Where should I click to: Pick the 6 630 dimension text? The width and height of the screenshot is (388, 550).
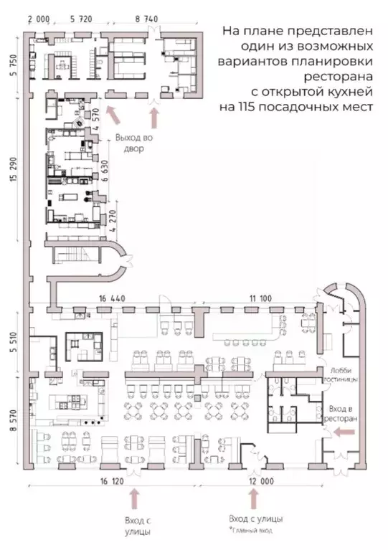[x=105, y=172]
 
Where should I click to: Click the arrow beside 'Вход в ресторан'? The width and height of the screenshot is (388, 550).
[x=340, y=431]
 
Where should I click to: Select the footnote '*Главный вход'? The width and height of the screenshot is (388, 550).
[x=250, y=530]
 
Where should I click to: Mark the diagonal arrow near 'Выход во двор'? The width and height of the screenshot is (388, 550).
[x=113, y=114]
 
